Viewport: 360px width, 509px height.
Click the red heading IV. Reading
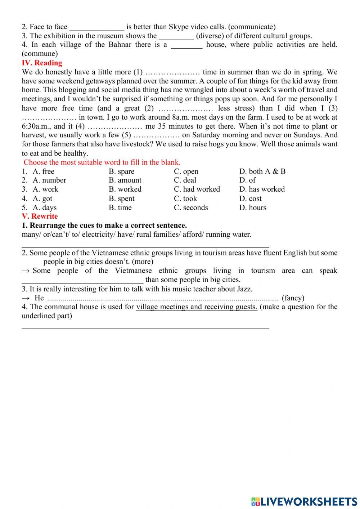coord(42,63)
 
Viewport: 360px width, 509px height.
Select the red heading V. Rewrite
coord(40,216)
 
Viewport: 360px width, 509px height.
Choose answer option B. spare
coord(121,171)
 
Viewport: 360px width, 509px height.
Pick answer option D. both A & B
coord(262,171)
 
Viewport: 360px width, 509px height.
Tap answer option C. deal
coord(185,180)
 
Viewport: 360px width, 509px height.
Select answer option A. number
coord(49,180)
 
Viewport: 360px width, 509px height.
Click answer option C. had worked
coord(197,189)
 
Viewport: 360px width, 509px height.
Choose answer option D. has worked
coord(262,189)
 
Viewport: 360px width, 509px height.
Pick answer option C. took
coord(185,198)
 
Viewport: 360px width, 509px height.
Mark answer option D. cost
coord(250,198)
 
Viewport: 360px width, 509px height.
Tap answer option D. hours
coord(253,207)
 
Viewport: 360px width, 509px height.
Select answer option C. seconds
coord(191,207)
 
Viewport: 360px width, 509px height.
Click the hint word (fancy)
coord(293,298)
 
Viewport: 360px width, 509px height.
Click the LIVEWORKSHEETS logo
coord(304,501)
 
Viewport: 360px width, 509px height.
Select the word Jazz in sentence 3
coord(244,289)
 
